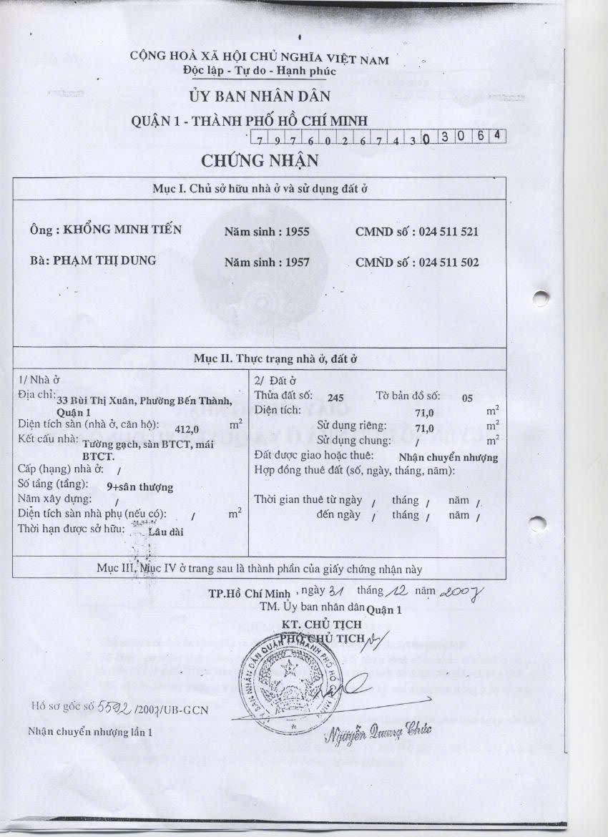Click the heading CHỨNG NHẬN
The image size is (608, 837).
(x=260, y=161)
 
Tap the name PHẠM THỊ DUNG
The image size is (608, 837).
(x=104, y=260)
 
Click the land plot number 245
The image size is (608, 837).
(x=335, y=397)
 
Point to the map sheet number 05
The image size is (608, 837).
(x=467, y=398)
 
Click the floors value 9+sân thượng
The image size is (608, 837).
(x=139, y=486)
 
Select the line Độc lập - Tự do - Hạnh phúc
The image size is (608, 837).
(x=259, y=72)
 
